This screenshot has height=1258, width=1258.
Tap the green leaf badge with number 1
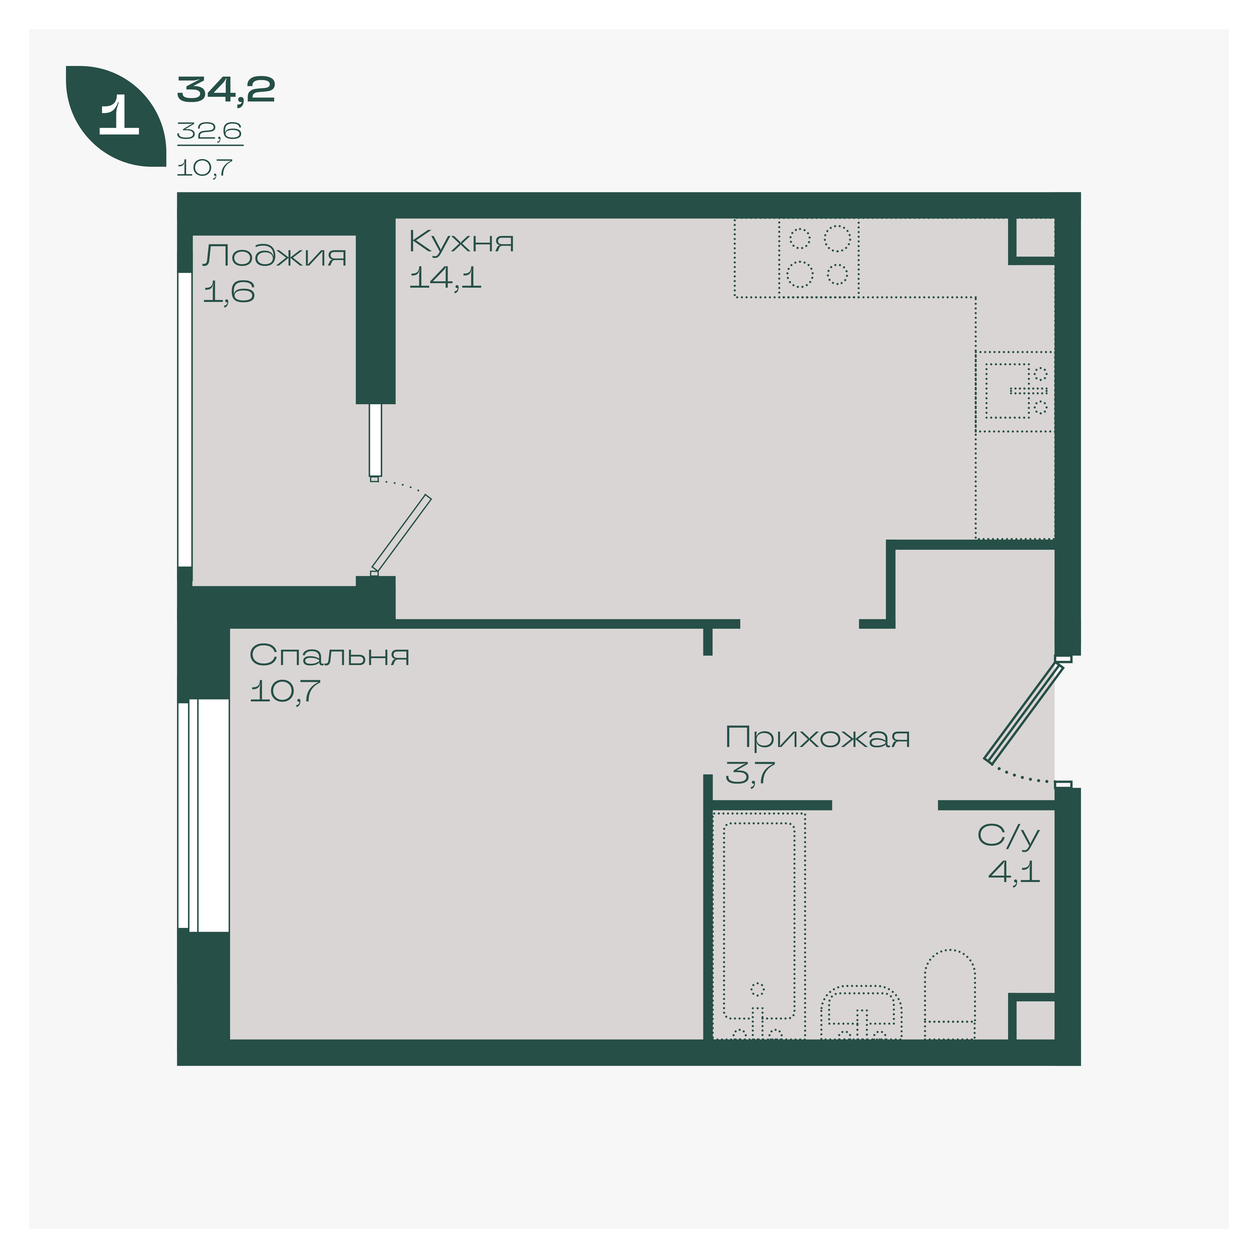pos(116,116)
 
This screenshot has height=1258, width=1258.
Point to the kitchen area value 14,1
pos(445,278)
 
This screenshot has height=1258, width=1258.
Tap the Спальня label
pos(330,655)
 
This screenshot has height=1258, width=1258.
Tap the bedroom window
pos(203,815)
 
